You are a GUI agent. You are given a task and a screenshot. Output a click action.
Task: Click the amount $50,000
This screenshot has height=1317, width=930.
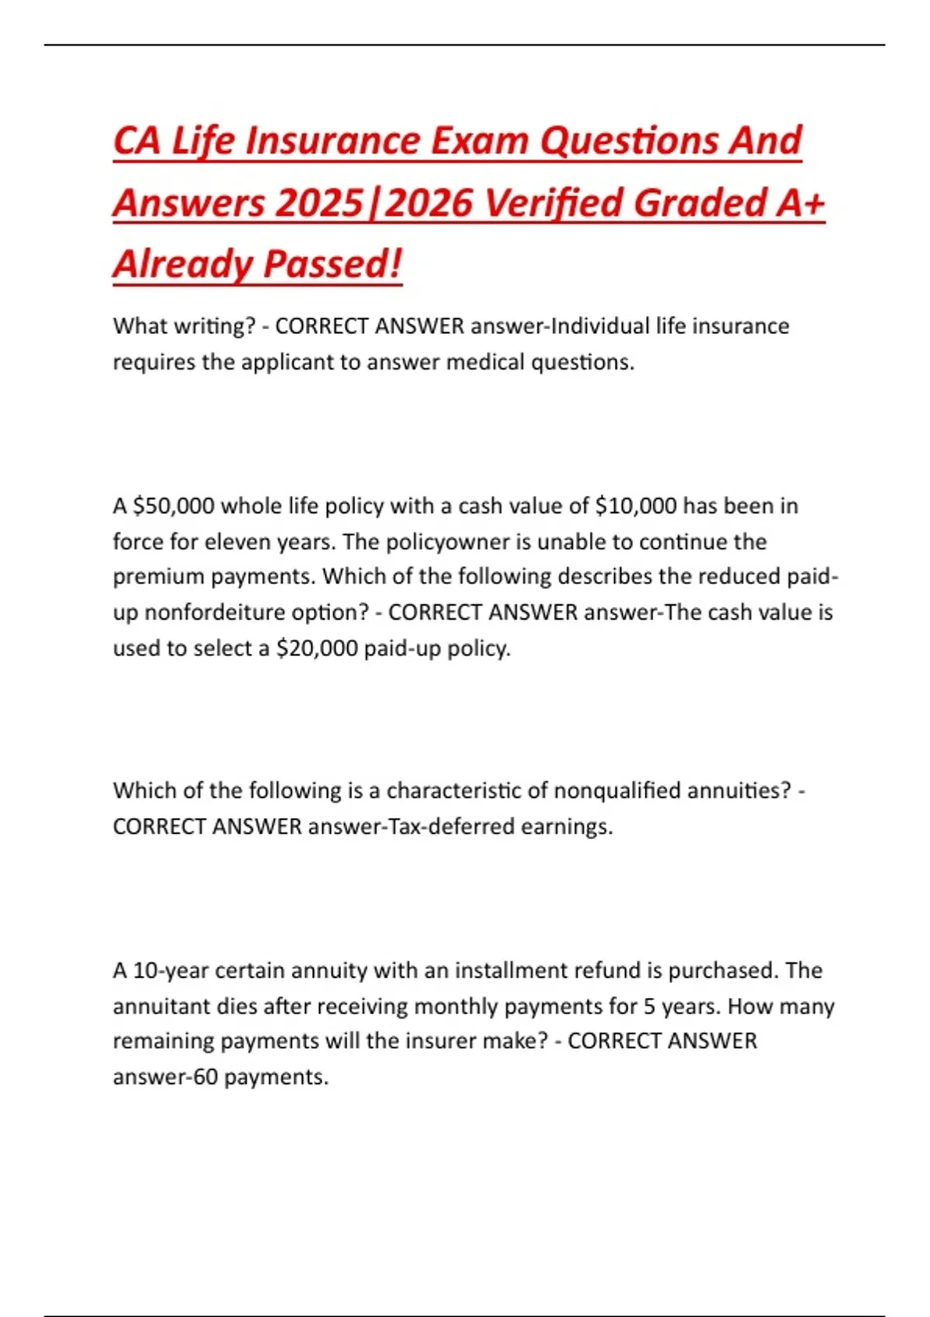click(174, 507)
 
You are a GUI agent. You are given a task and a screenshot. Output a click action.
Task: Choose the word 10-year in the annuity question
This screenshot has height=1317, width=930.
click(170, 971)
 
